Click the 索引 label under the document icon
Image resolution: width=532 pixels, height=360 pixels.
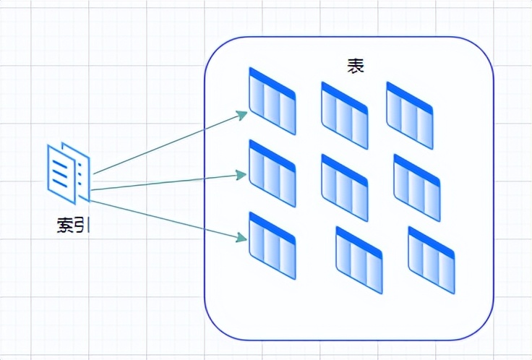[73, 224]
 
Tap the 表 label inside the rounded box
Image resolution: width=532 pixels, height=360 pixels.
[355, 67]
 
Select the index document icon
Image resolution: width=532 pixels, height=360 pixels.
[69, 171]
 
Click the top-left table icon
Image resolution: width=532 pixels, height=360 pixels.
[273, 101]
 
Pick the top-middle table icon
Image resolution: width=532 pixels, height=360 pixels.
[345, 116]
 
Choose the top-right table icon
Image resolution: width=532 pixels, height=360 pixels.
[410, 116]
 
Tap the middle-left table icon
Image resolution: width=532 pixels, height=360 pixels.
[273, 173]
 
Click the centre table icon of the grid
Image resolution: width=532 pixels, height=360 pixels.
[345, 188]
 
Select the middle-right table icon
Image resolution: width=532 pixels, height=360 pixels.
[417, 188]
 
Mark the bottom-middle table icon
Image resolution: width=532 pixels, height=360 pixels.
[359, 260]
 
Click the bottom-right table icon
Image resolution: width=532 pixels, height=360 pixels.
[432, 260]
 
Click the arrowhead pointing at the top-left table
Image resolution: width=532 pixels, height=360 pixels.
[244, 114]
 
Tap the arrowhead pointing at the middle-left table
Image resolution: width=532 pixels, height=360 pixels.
[244, 174]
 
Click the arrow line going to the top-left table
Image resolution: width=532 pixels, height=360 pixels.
[166, 144]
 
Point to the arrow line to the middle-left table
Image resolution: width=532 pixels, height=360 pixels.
[166, 181]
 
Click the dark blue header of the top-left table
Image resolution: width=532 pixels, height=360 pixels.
[273, 80]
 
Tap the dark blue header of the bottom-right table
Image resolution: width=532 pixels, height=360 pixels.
[432, 239]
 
